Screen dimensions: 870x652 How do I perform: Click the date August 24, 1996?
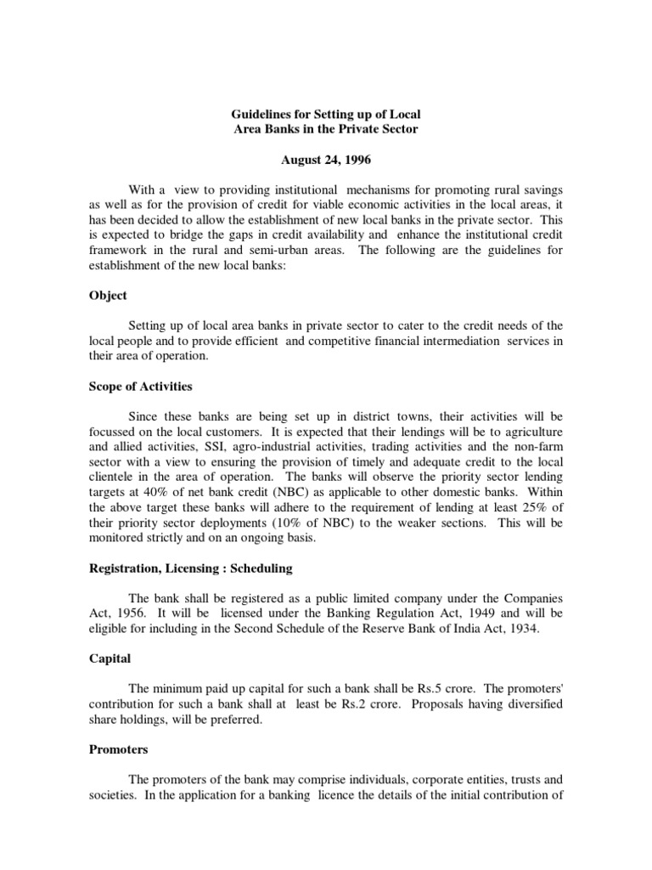pyautogui.click(x=326, y=161)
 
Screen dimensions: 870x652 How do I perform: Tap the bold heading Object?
pyautogui.click(x=108, y=296)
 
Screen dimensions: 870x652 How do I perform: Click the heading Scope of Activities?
pyautogui.click(x=140, y=387)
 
